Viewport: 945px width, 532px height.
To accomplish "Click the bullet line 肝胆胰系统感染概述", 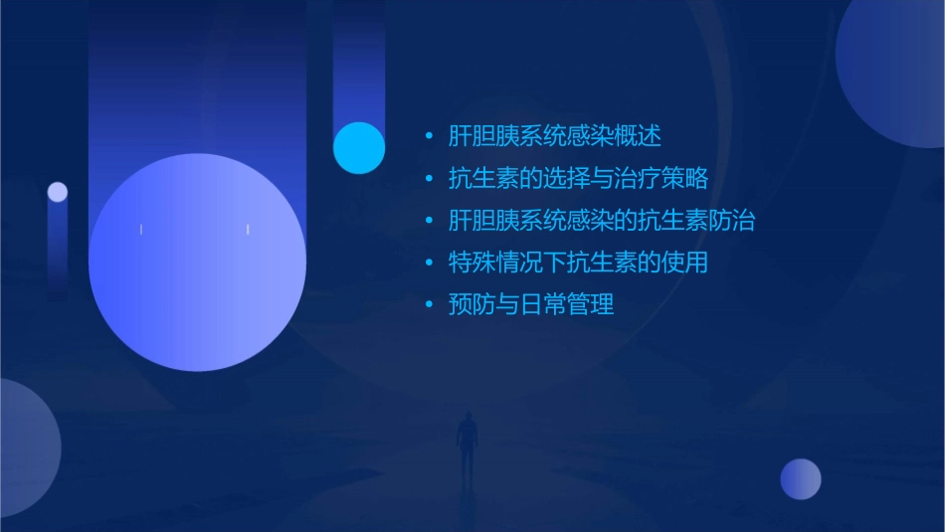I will click(x=554, y=136).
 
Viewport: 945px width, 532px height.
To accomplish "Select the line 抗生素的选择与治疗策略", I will click(x=578, y=179).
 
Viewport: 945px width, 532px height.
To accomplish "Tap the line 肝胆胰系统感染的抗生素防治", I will click(x=601, y=221).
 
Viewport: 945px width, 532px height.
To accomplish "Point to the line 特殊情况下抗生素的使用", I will click(x=578, y=264).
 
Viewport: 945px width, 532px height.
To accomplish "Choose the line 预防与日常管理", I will click(x=531, y=305).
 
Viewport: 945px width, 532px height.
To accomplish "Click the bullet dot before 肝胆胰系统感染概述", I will click(x=429, y=137).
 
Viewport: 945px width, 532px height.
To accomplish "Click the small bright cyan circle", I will click(x=359, y=148).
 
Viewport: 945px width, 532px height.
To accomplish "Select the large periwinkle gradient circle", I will click(x=197, y=263).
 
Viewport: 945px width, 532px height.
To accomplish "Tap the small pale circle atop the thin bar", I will click(x=58, y=192).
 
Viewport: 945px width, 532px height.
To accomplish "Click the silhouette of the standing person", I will click(x=466, y=443).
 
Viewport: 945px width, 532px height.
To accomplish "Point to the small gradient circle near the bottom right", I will click(x=801, y=479).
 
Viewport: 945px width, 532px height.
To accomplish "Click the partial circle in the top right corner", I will click(x=895, y=70).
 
